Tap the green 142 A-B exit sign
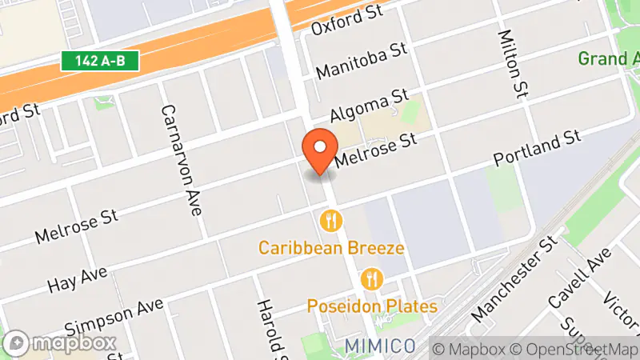(101, 60)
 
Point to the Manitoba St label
(362, 61)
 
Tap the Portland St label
(536, 149)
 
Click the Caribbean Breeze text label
(330, 248)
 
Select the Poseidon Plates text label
(372, 306)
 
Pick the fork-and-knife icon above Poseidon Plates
(372, 278)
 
